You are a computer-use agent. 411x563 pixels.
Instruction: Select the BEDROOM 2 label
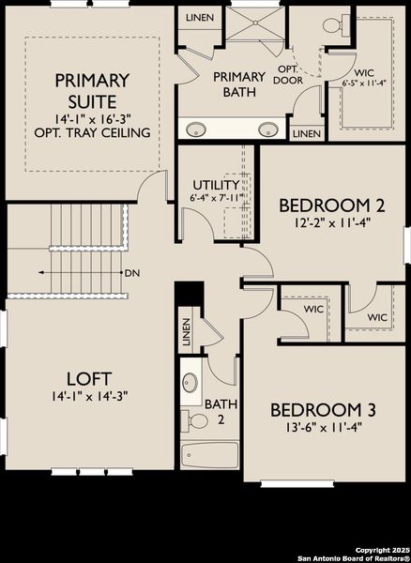319,205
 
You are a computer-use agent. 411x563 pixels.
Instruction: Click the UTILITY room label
215,184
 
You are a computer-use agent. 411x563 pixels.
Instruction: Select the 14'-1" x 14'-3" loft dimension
84,396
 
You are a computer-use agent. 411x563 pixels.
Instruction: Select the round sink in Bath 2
190,383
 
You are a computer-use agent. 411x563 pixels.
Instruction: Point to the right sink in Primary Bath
266,129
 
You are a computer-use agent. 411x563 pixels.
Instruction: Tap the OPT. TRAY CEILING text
98,132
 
